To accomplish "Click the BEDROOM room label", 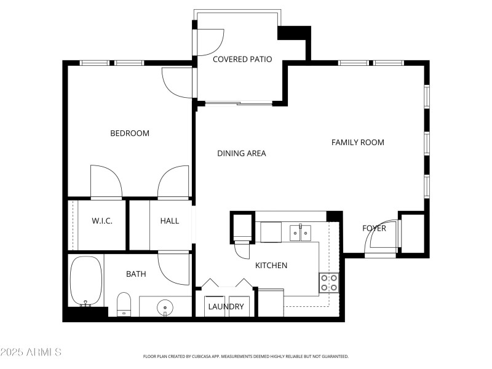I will click(130, 133).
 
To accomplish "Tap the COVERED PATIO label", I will click(242, 60).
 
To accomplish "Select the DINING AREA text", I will click(242, 153).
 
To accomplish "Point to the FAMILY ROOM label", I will click(357, 142).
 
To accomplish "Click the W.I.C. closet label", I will click(101, 221).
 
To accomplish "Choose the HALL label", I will click(169, 221).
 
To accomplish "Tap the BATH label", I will click(136, 274).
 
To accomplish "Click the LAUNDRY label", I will click(226, 306).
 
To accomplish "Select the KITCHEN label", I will click(271, 265).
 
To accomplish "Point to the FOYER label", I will click(374, 228).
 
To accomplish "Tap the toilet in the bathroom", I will click(124, 303).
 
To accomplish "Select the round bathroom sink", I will click(165, 307).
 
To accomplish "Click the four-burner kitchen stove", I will click(329, 282).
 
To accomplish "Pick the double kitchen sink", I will click(301, 232).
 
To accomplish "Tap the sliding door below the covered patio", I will click(239, 103).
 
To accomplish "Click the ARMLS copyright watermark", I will click(31, 352).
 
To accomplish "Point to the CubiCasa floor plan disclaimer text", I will click(246, 356).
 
